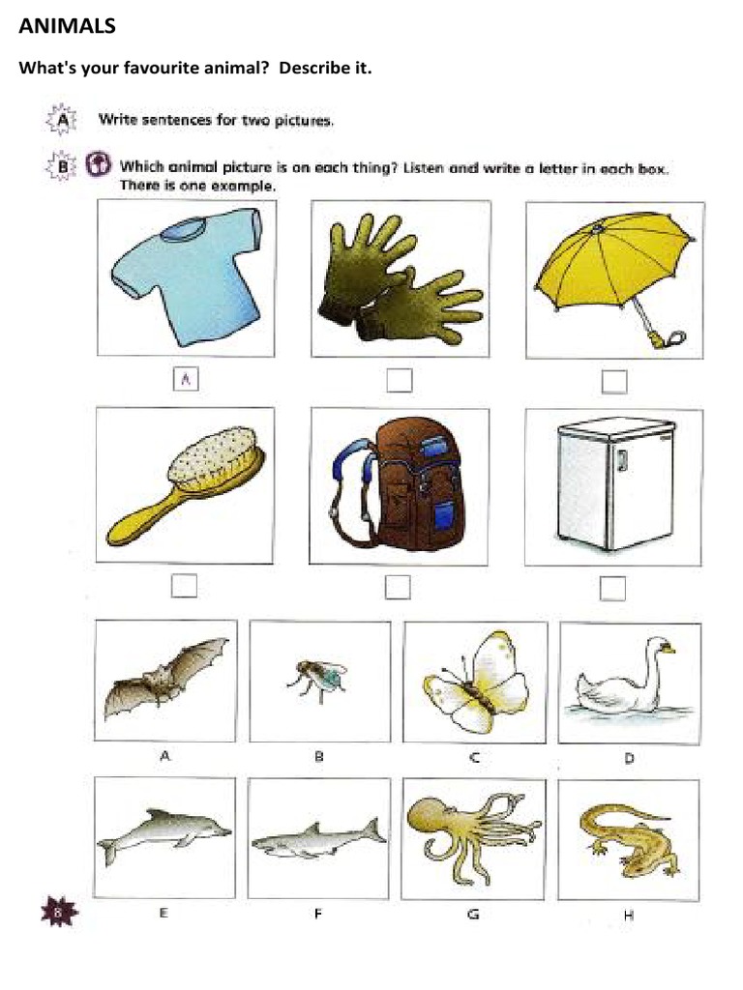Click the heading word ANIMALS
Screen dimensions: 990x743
(x=68, y=27)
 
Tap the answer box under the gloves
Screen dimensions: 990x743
(x=399, y=380)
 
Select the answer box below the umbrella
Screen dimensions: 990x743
(x=613, y=382)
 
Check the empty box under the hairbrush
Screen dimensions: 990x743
(x=184, y=585)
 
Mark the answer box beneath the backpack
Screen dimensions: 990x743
(x=398, y=587)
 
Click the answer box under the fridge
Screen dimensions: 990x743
(x=612, y=587)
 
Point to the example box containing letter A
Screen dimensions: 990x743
(x=184, y=380)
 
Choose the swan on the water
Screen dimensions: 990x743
(x=627, y=682)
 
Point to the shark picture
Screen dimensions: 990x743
(x=317, y=838)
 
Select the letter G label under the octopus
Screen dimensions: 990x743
(x=473, y=914)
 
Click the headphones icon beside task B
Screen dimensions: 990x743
(x=98, y=164)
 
